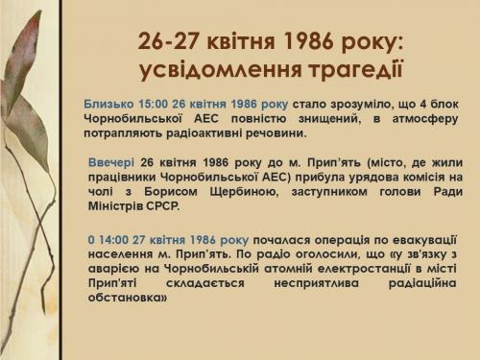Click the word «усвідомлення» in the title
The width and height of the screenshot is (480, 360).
pyautogui.click(x=221, y=70)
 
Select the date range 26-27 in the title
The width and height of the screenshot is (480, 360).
pyautogui.click(x=169, y=42)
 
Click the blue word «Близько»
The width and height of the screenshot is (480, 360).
pyautogui.click(x=108, y=104)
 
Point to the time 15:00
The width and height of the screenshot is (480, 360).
pyautogui.click(x=153, y=104)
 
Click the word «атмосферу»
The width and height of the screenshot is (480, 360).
pyautogui.click(x=425, y=119)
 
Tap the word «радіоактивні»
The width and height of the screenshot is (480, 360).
pyautogui.click(x=203, y=133)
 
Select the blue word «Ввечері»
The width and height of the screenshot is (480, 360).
pyautogui.click(x=111, y=162)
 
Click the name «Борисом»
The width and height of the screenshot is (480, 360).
pyautogui.click(x=171, y=192)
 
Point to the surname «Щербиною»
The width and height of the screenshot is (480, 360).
pyautogui.click(x=243, y=192)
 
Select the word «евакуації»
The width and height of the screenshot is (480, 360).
pyautogui.click(x=424, y=240)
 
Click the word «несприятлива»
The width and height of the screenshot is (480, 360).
pyautogui.click(x=316, y=283)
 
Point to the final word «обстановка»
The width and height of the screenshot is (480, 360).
pyautogui.click(x=128, y=298)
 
